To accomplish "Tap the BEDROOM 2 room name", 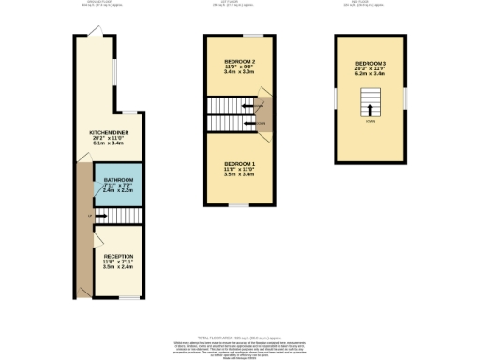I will point(240,61).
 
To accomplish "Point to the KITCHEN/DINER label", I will point(109,133).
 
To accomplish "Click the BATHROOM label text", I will point(118,179).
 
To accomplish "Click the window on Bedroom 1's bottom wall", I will point(240,205).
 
